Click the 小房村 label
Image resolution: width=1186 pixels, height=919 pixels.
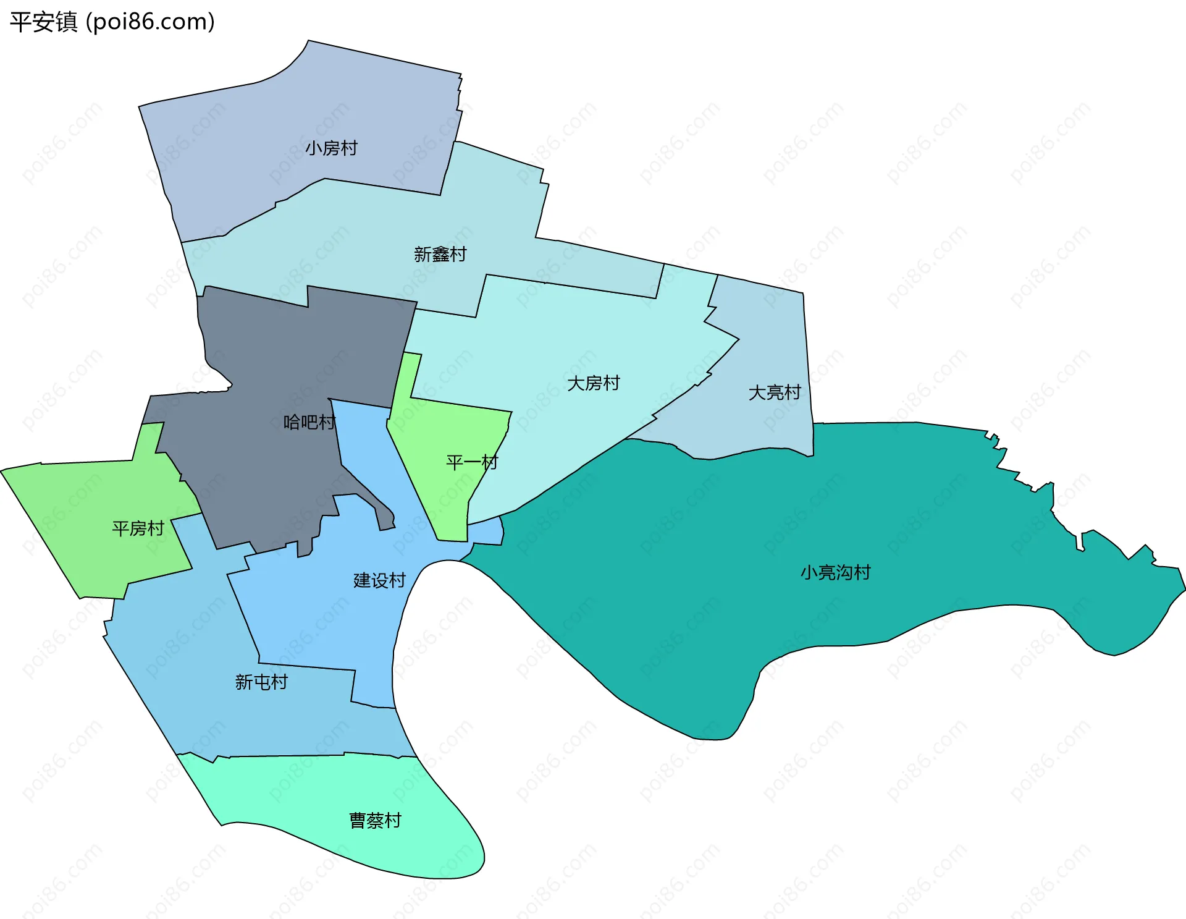point(331,148)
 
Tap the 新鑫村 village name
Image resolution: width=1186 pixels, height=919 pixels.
point(440,255)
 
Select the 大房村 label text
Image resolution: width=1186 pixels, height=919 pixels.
point(593,383)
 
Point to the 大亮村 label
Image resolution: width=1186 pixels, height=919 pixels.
point(774,392)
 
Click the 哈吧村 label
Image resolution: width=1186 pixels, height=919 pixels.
point(309,423)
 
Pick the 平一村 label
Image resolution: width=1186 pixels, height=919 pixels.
point(472,462)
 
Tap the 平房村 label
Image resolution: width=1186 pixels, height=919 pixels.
point(138,528)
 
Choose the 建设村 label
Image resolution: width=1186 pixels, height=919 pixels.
point(379,580)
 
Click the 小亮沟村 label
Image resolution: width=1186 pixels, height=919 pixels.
point(835,572)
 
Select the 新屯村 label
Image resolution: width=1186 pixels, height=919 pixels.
point(261,682)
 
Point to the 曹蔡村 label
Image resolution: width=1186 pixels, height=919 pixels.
point(375,821)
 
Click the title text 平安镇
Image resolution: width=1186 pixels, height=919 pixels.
point(43,22)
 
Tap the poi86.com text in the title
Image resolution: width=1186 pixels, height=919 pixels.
point(151,22)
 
